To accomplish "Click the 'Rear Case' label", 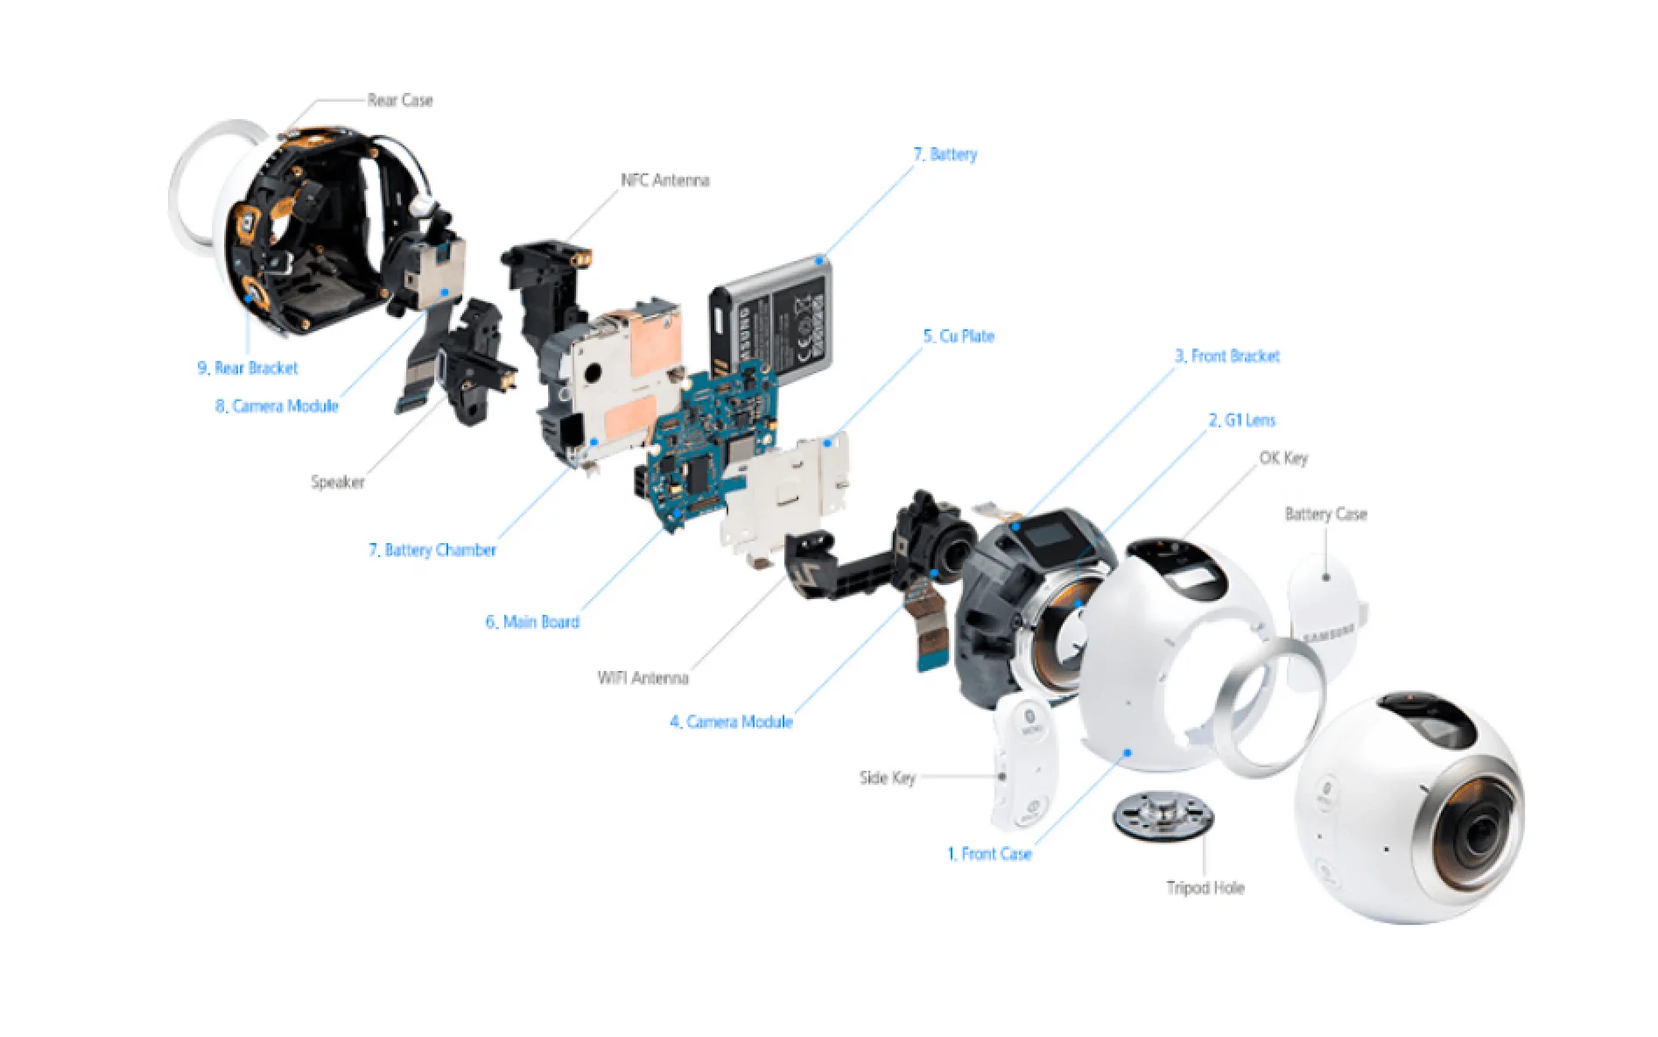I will (x=399, y=101).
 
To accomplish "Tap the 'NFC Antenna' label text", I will (x=664, y=180).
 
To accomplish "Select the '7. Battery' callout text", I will (x=945, y=155).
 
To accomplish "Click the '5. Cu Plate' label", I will (x=959, y=336).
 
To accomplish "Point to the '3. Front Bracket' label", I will (x=1226, y=356).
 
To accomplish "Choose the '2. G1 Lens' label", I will (x=1241, y=420).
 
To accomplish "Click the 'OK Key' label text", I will (x=1282, y=458).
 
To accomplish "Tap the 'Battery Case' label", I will (x=1324, y=514).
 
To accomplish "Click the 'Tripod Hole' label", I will (x=1205, y=888).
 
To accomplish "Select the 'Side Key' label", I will (x=887, y=778).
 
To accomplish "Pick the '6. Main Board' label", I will (x=532, y=622).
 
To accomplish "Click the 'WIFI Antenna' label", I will (x=643, y=678).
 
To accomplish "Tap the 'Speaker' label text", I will (x=337, y=482).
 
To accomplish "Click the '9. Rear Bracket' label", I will (x=248, y=369).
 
